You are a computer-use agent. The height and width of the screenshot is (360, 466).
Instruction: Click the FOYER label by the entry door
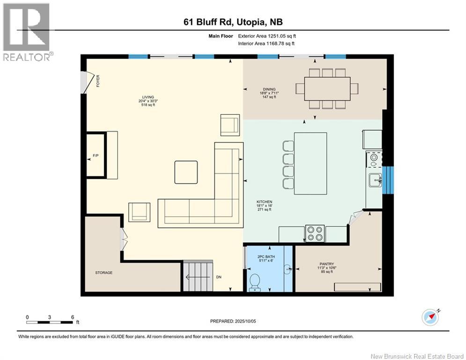pos(98,81)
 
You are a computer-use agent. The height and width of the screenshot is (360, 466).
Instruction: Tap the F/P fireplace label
pos(96,156)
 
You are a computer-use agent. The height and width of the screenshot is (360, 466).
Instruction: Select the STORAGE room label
pos(104,272)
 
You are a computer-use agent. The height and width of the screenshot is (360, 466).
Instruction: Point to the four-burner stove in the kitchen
pos(315,233)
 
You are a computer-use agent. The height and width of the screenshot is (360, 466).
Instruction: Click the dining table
pos(327,89)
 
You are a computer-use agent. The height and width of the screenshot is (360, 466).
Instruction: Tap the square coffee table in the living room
pos(186,172)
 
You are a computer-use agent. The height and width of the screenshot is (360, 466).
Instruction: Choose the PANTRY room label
pos(326,264)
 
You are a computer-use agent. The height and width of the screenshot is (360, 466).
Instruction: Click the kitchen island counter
pos(311,163)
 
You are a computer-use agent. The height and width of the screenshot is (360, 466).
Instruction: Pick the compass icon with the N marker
pos(430,317)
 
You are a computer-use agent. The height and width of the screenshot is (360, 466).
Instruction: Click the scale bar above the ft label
pos(49,322)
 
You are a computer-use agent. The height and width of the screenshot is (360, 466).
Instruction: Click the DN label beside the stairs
pos(219,277)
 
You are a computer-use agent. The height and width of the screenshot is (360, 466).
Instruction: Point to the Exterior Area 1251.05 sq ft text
pos(267,36)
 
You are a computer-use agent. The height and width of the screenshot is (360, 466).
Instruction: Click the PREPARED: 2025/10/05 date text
pos(233,321)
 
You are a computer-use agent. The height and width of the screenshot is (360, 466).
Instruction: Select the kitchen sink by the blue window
pos(375,180)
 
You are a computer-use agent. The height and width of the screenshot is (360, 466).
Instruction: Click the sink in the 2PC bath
pos(288,270)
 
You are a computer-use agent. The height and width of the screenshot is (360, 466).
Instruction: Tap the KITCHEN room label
pos(265,202)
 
